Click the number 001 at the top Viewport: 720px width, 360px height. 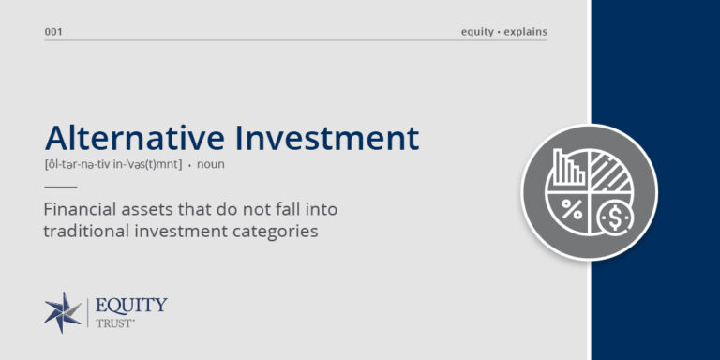[53, 32]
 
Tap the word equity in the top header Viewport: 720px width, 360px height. [477, 32]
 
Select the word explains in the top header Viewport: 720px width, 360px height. [525, 32]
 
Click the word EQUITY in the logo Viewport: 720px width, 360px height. [131, 306]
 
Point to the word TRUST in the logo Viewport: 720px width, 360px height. [116, 323]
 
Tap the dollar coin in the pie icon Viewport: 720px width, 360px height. [613, 217]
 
